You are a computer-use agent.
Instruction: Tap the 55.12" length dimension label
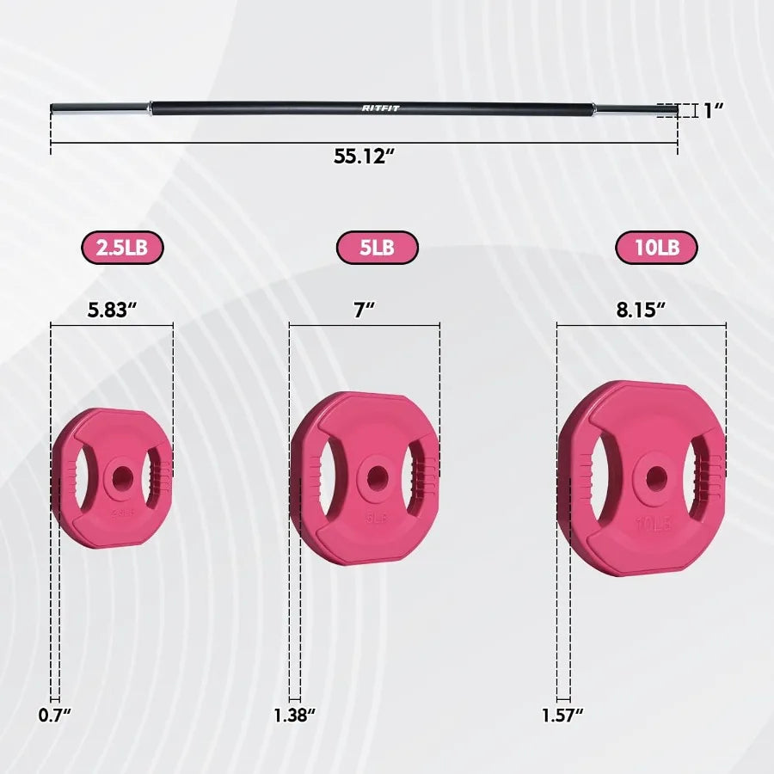point(364,157)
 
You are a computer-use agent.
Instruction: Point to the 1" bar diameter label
point(712,110)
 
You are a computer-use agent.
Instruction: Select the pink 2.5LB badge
point(122,248)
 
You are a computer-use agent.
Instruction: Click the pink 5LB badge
point(377,248)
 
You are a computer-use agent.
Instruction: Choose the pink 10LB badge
point(656,248)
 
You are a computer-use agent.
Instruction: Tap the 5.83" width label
point(113,310)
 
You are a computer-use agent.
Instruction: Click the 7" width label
point(365,310)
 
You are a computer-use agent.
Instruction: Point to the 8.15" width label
point(641,310)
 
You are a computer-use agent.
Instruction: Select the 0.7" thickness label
point(54,714)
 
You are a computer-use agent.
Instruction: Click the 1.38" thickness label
point(295,714)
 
